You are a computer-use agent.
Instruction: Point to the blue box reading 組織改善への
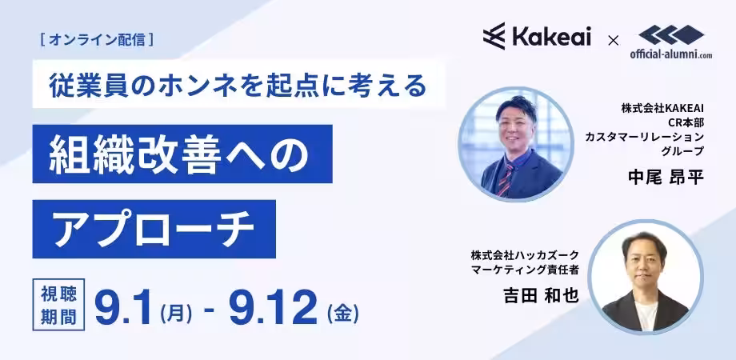(181, 153)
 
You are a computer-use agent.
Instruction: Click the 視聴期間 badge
(58, 304)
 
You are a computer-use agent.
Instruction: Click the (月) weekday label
(175, 310)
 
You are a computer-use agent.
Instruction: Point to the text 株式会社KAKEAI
(662, 107)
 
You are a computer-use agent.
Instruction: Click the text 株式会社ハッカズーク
(525, 255)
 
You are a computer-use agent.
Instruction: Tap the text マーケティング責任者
(525, 270)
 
